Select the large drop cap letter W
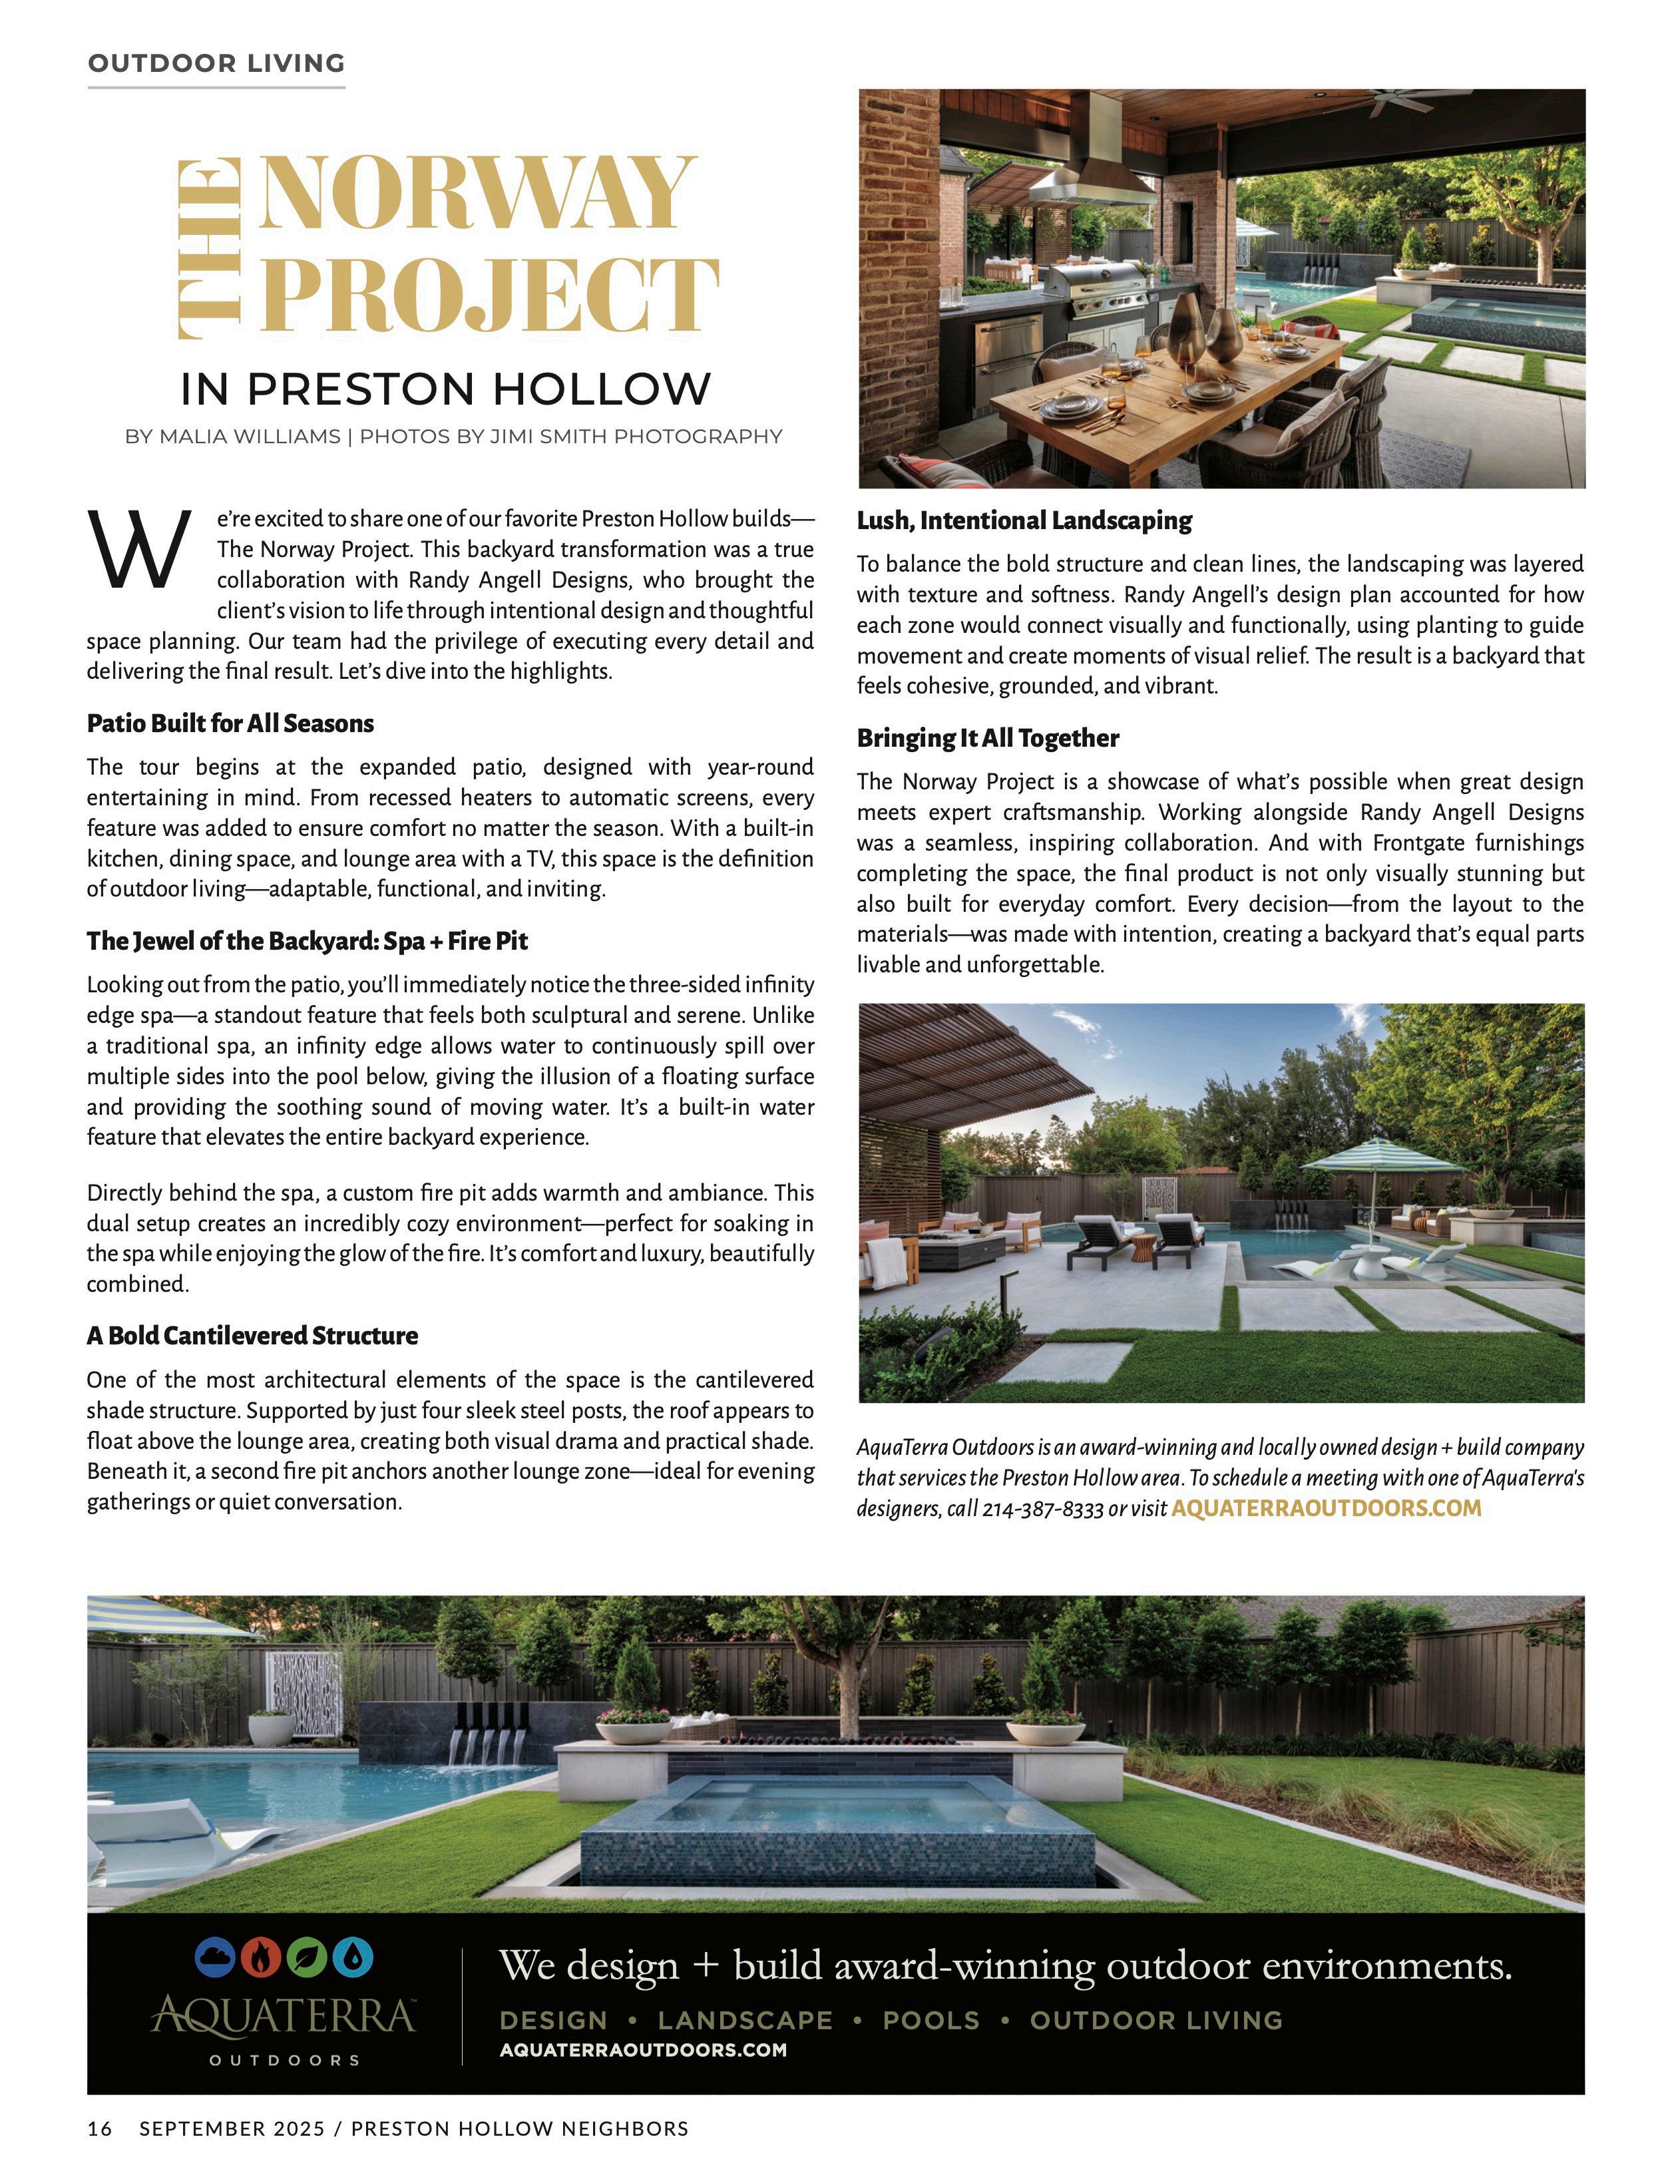139,550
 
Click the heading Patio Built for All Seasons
230,723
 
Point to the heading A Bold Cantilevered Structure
252,1335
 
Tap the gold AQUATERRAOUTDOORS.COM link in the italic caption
1325,1508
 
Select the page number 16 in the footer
99,2128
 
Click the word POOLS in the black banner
931,2020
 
